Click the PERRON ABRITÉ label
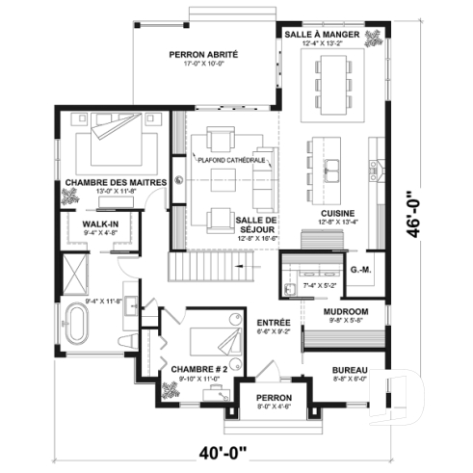(x=203, y=55)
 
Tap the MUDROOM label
(x=345, y=312)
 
